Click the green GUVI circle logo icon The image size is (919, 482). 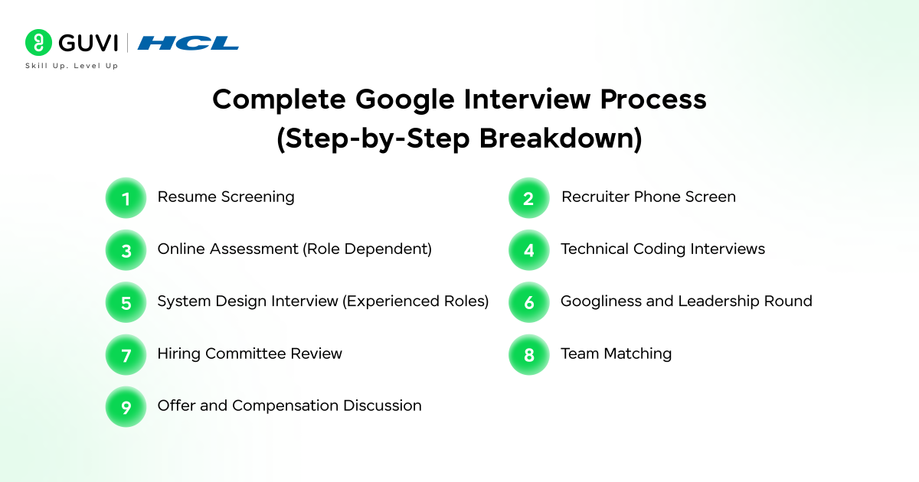point(38,42)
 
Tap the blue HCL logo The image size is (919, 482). point(188,43)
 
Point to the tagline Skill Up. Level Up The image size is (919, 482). point(72,66)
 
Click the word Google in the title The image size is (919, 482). point(404,99)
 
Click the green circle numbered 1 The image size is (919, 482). point(126,198)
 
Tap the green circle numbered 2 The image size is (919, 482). point(529,198)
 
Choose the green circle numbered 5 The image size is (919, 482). point(126,302)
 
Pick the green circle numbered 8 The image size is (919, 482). point(529,354)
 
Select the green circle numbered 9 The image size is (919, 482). point(126,407)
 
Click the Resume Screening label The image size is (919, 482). point(226,197)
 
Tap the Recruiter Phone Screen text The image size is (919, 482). point(649,197)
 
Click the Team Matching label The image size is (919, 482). point(616,353)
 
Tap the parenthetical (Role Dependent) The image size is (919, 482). point(367,249)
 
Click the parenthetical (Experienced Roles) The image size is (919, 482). point(416,301)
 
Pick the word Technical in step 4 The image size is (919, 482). point(594,249)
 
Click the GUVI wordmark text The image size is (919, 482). point(88,43)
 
